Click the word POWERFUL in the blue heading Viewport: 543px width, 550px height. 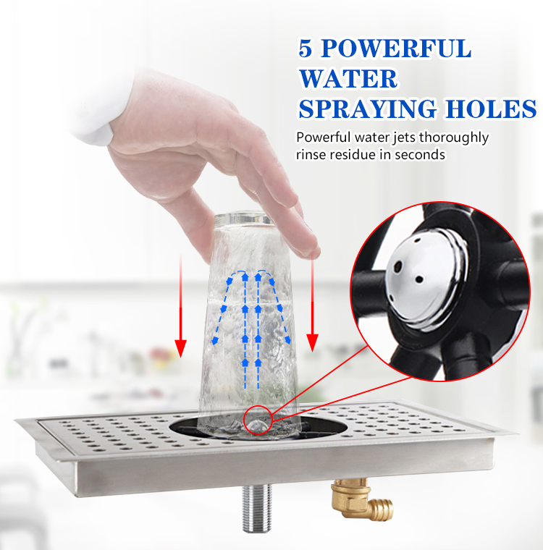tap(397, 49)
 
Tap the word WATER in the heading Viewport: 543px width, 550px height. tap(348, 79)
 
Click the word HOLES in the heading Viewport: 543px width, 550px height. tap(492, 109)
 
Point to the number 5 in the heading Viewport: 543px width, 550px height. tap(306, 49)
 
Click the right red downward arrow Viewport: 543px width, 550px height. tap(313, 304)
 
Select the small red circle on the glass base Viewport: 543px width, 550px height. tap(256, 420)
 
